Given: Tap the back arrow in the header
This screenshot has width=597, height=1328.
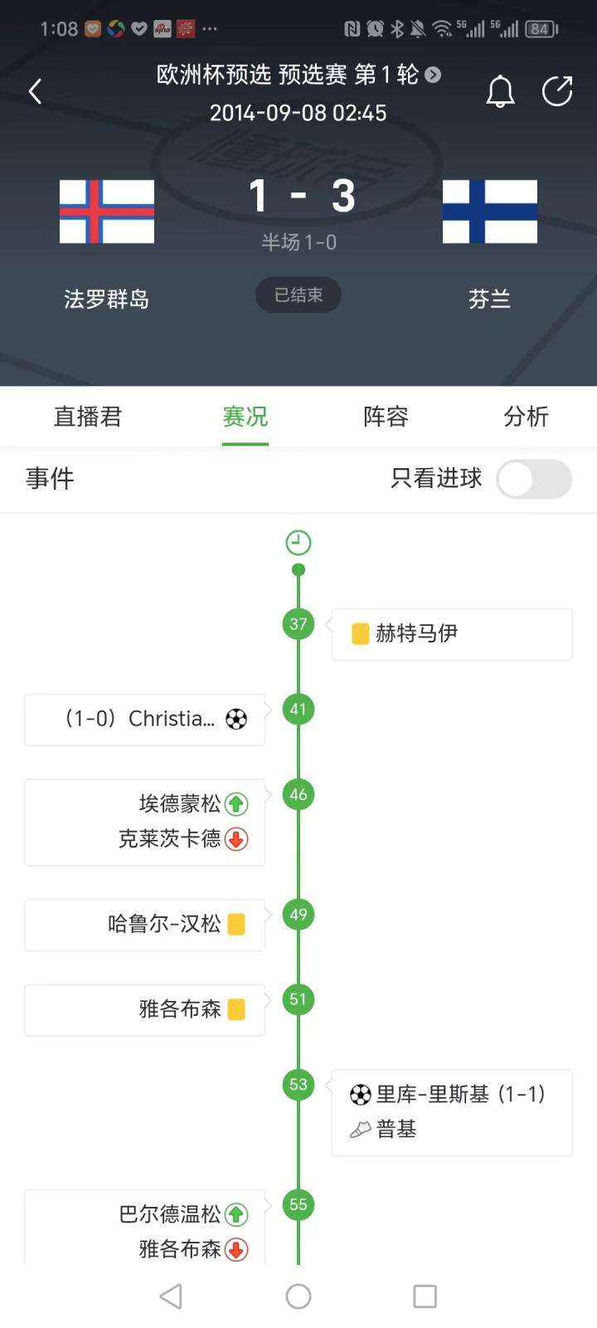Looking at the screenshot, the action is [x=35, y=91].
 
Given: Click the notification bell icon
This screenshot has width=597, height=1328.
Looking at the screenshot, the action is [x=500, y=91].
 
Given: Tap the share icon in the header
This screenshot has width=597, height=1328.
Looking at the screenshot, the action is [x=557, y=91].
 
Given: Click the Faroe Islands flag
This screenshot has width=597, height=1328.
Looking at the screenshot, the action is [x=107, y=212].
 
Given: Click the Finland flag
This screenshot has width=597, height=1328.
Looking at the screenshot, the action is [x=490, y=212].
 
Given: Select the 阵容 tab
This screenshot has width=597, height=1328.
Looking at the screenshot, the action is [x=386, y=417].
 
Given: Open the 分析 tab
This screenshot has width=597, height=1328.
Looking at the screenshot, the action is [x=526, y=417].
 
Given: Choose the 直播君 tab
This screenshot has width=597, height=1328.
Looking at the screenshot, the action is [x=88, y=417].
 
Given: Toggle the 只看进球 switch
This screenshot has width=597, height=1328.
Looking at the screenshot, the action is [x=534, y=479].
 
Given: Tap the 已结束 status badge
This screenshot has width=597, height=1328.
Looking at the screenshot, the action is [x=298, y=295].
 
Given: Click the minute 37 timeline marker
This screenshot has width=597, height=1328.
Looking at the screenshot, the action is [x=298, y=624].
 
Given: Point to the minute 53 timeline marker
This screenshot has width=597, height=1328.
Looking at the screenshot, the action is [x=298, y=1084].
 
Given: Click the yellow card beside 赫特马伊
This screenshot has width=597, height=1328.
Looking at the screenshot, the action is [x=361, y=634].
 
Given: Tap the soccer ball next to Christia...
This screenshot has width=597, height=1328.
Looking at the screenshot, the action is [x=236, y=719].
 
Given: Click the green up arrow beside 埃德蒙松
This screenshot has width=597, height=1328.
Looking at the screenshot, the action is [x=236, y=803].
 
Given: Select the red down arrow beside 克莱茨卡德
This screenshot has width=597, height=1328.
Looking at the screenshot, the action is [x=236, y=839].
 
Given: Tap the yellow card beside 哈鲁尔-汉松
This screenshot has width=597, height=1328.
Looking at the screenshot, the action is [x=236, y=924].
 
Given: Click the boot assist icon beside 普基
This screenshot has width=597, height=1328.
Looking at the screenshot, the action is [x=361, y=1129].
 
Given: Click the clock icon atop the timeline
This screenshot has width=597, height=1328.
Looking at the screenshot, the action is [x=298, y=543].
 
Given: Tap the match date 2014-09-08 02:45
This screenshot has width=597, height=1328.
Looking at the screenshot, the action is [x=298, y=113].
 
